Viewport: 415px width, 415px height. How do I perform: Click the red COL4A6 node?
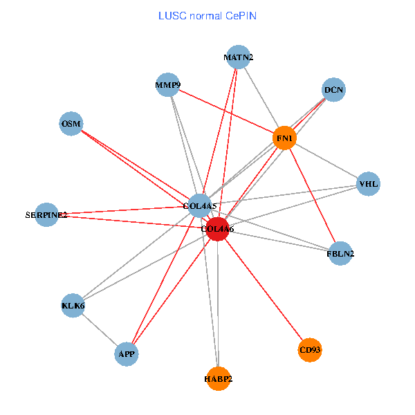[x=218, y=229]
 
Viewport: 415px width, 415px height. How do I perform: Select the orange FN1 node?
[x=285, y=138]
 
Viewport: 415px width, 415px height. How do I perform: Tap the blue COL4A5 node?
[x=200, y=205]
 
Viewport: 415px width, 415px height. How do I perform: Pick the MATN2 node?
[x=238, y=57]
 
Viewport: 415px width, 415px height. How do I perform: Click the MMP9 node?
[x=168, y=86]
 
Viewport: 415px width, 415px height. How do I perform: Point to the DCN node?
[x=333, y=90]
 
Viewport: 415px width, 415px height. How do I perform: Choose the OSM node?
[x=71, y=124]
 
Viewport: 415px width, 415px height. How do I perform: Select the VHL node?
[x=368, y=183]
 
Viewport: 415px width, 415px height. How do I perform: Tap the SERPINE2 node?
[x=46, y=215]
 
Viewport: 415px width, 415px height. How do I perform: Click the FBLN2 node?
[x=340, y=254]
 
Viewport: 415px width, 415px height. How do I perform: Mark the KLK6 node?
[x=73, y=305]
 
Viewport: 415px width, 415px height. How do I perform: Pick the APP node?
[x=127, y=354]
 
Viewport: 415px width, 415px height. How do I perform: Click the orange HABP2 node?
[x=218, y=378]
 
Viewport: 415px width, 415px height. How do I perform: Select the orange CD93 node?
[x=310, y=351]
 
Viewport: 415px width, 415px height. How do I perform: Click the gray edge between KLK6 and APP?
[x=100, y=330]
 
